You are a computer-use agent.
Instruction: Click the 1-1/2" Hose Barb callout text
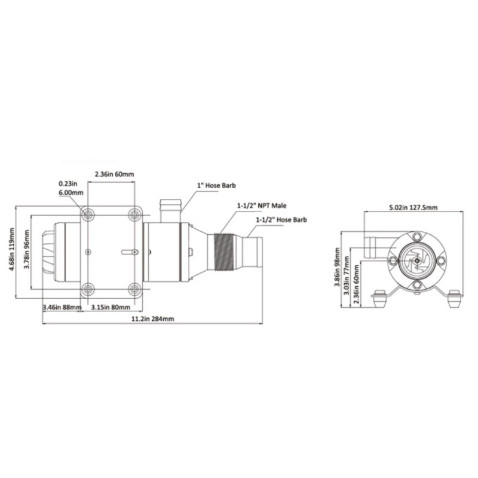click(x=281, y=220)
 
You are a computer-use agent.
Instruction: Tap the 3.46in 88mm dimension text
click(x=62, y=308)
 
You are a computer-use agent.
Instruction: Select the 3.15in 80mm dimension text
click(x=111, y=308)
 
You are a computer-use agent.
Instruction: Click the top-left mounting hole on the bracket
click(x=88, y=214)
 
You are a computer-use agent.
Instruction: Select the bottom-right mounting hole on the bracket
click(x=134, y=290)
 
